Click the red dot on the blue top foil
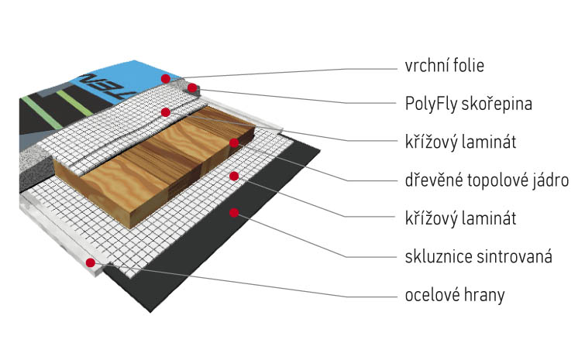(x=164, y=79)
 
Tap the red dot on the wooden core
(x=232, y=142)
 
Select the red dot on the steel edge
(x=91, y=263)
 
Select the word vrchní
(x=425, y=66)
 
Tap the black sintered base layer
(x=256, y=232)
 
